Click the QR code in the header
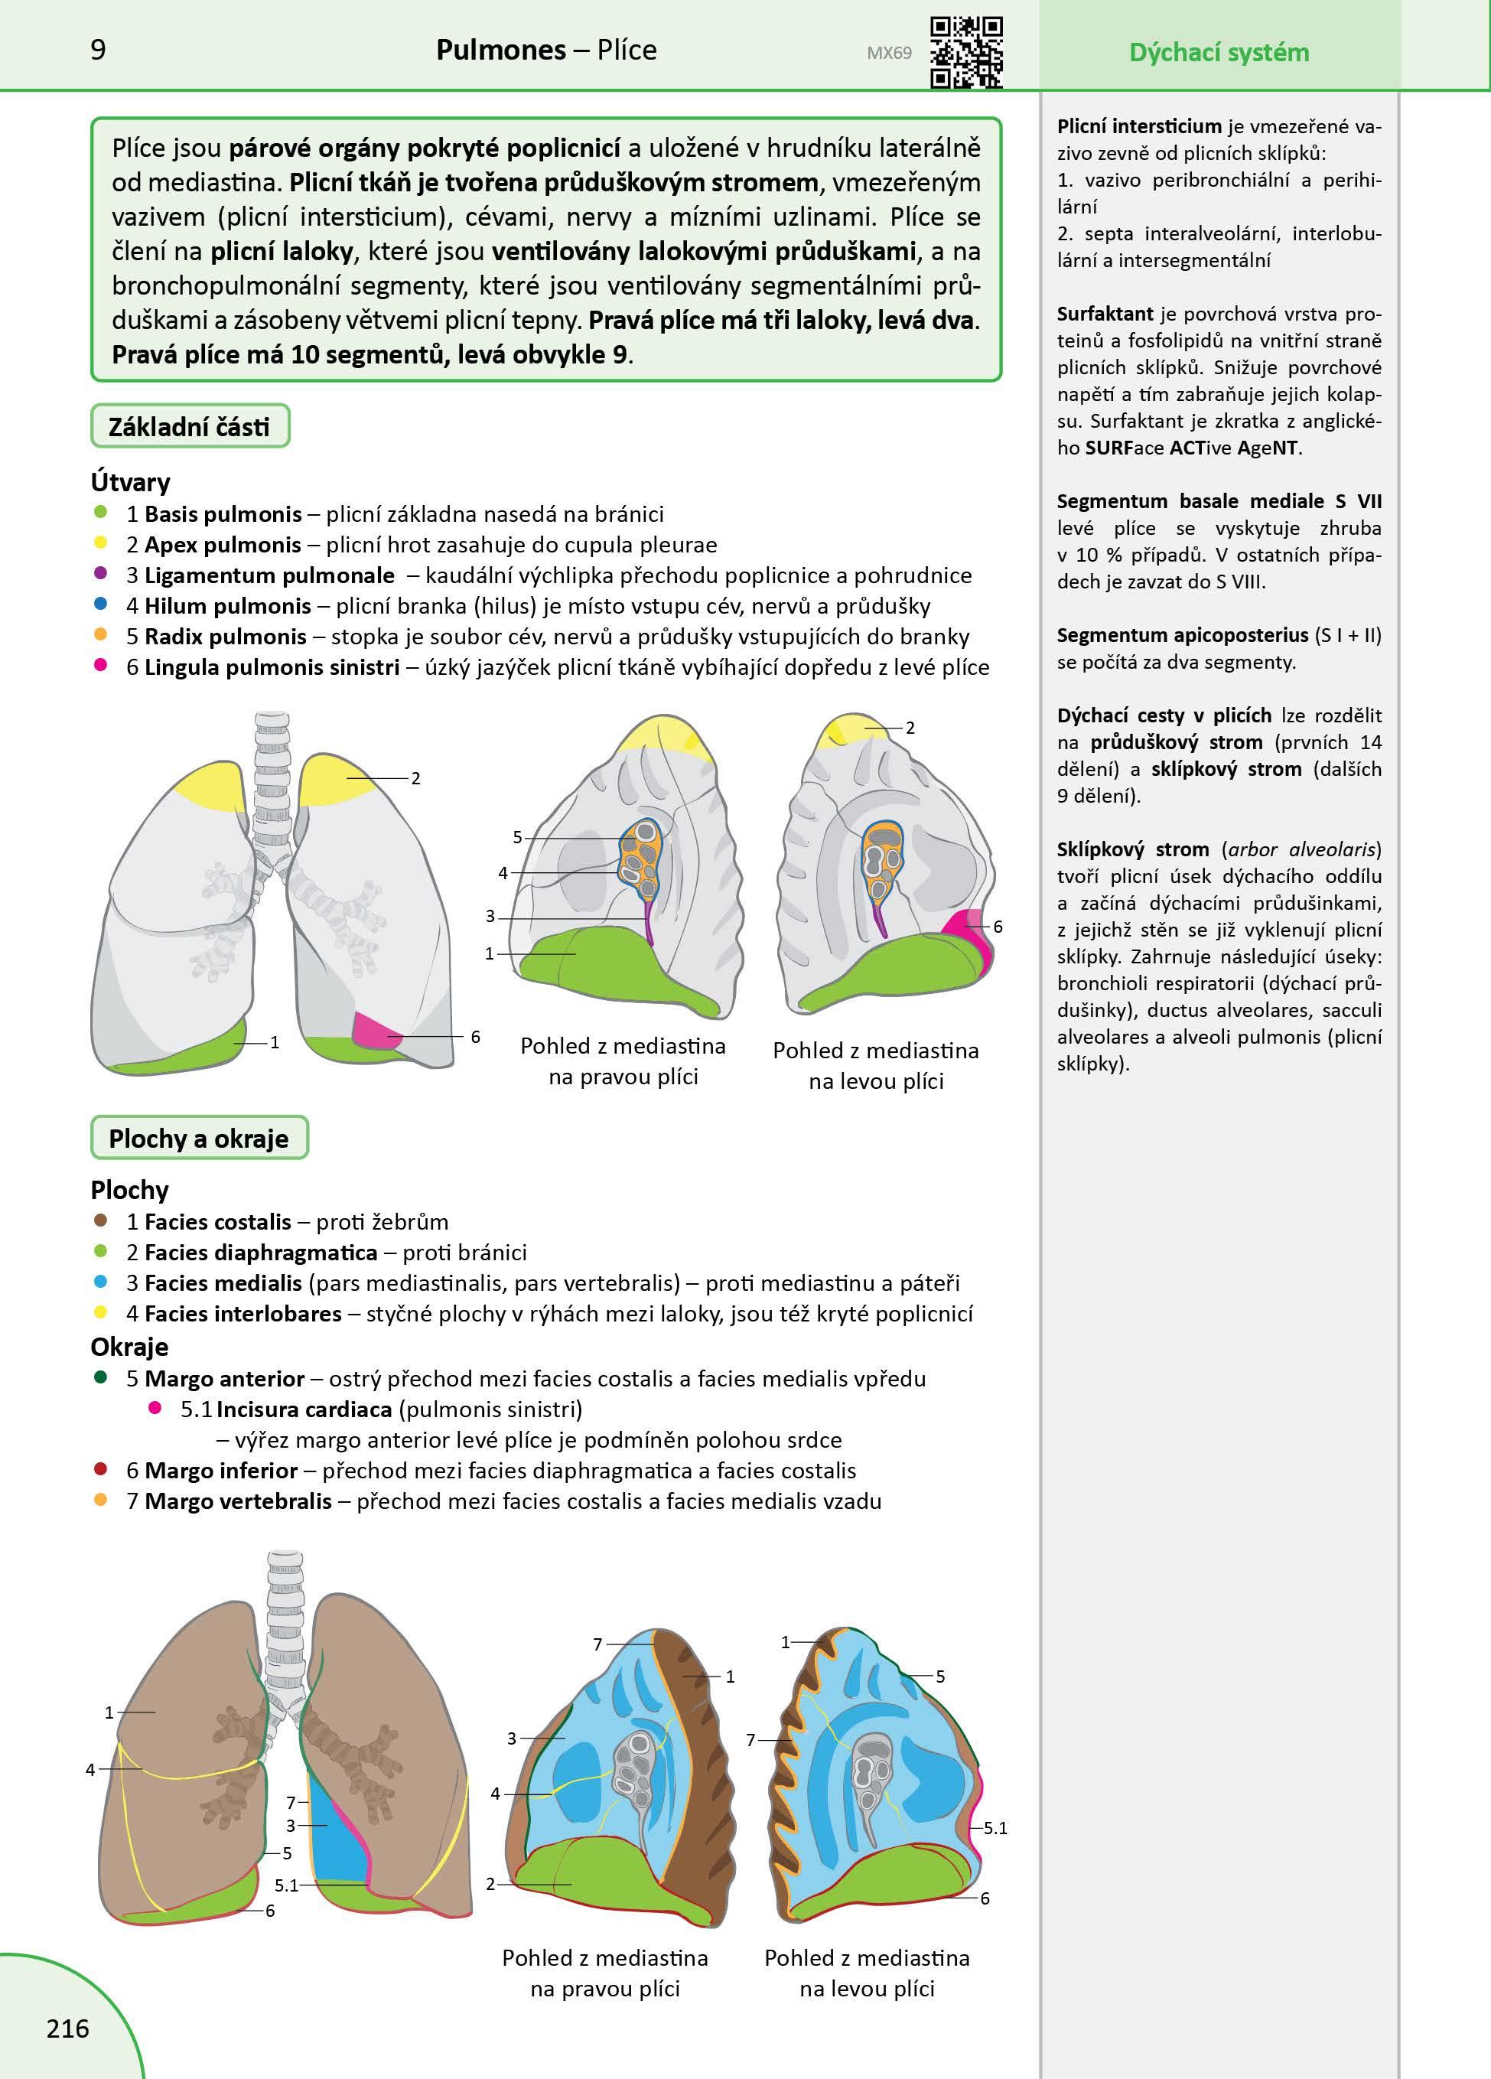(x=967, y=52)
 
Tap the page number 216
(x=68, y=2028)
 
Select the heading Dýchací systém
(x=1218, y=52)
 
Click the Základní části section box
(x=190, y=427)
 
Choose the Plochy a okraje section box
(x=199, y=1139)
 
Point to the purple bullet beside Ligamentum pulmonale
(x=101, y=574)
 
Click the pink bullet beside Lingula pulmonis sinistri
(x=101, y=666)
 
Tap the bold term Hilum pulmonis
(x=227, y=606)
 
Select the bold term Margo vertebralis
(x=237, y=1501)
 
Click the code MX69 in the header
(x=889, y=53)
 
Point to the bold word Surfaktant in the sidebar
(x=1104, y=314)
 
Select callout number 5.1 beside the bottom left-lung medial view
(x=995, y=1828)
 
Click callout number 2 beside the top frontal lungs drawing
(x=415, y=778)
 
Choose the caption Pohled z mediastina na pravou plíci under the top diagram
(x=623, y=1061)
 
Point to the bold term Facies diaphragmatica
(x=260, y=1252)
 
